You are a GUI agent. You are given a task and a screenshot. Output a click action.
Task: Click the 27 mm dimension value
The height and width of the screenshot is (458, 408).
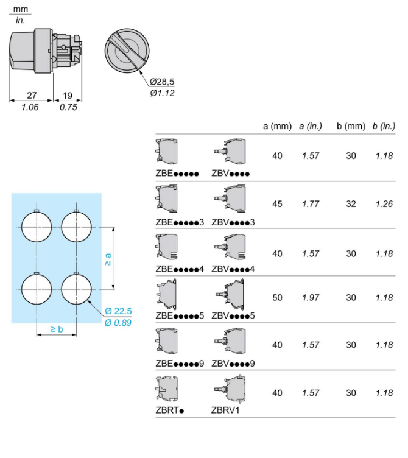32,95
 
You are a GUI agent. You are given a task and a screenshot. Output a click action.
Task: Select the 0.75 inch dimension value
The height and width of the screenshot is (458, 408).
68,107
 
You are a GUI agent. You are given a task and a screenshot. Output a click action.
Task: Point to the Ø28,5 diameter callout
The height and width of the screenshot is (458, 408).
162,82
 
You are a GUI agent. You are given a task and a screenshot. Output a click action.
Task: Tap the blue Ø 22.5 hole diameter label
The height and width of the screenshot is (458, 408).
118,311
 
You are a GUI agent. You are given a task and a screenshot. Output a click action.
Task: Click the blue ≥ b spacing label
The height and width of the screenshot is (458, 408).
57,329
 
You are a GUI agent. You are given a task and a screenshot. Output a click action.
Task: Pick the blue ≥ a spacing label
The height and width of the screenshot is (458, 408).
108,259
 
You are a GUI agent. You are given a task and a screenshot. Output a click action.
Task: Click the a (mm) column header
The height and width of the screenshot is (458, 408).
278,126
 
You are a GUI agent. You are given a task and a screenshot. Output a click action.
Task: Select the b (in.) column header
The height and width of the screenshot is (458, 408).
384,126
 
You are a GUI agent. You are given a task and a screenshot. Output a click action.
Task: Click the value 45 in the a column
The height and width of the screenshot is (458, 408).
277,204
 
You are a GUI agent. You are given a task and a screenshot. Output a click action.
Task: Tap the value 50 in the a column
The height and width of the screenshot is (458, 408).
277,298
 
